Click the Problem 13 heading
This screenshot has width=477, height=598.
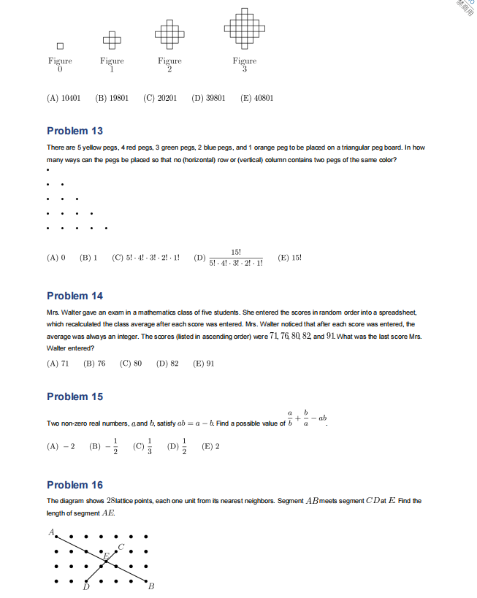tap(75, 131)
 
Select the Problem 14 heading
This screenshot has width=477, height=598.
tap(75, 296)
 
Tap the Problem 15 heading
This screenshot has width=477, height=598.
tap(75, 396)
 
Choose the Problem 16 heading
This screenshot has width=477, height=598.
tap(75, 485)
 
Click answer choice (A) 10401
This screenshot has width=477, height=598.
tap(64, 97)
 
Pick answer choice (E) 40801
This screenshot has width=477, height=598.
tap(256, 97)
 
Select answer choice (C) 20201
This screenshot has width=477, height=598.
tap(160, 97)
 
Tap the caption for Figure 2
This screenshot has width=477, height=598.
tap(169, 64)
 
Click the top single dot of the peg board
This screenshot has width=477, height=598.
tap(47, 171)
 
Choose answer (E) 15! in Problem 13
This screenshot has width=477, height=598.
tap(290, 258)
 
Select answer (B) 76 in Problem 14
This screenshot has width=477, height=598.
tap(94, 363)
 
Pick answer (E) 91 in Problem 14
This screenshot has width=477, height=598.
tap(203, 363)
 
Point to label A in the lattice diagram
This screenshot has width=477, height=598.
tap(51, 532)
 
